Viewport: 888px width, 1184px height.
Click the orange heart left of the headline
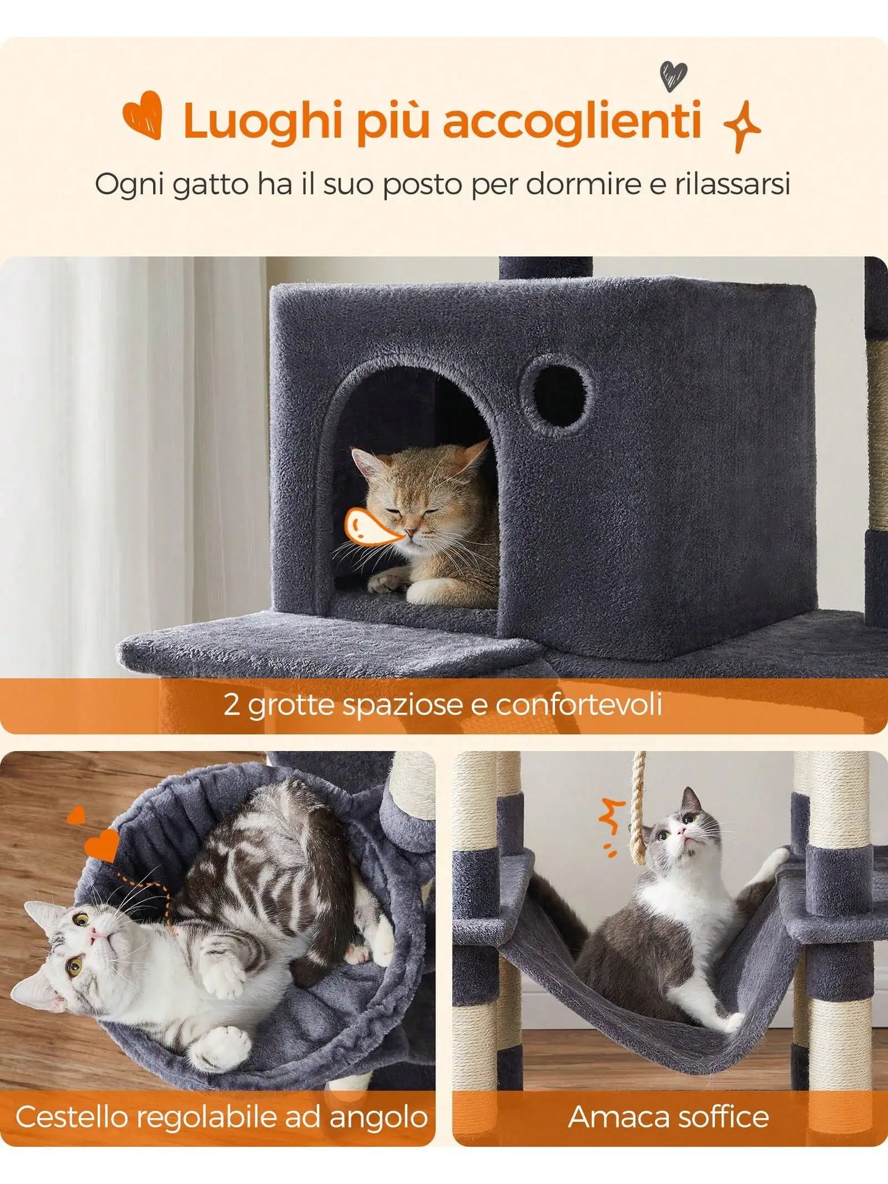143,115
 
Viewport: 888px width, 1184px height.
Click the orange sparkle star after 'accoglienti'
742,127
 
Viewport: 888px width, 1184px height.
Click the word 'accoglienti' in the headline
572,121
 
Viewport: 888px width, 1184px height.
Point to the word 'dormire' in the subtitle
584,184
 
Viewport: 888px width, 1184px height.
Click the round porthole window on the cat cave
556,390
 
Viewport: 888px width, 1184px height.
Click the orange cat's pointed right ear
472,456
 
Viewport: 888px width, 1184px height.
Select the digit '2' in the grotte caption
231,705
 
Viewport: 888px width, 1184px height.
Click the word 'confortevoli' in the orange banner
579,705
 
